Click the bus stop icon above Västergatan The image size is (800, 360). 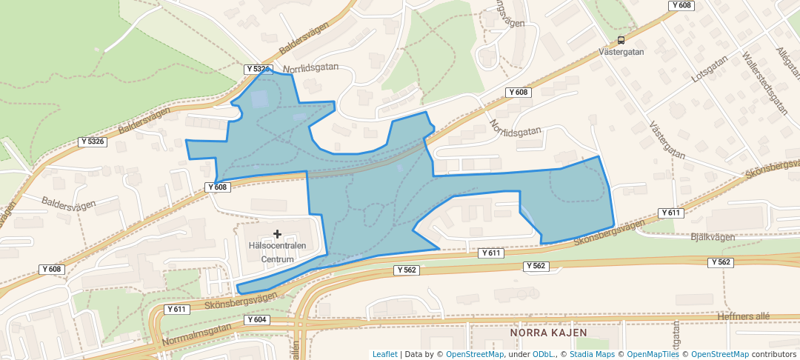(x=620, y=41)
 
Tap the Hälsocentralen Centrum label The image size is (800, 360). (x=278, y=253)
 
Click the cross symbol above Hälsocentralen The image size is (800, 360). (x=278, y=234)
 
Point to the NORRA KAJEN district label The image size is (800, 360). (x=548, y=333)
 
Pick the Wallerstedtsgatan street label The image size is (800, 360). (x=764, y=82)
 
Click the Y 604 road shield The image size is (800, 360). (x=256, y=320)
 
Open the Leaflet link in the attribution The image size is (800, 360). (x=384, y=354)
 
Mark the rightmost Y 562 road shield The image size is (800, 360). (x=721, y=262)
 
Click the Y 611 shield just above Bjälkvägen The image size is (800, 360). (x=670, y=213)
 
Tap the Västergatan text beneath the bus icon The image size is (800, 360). (x=621, y=52)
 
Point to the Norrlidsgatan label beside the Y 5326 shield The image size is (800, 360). (x=310, y=67)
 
